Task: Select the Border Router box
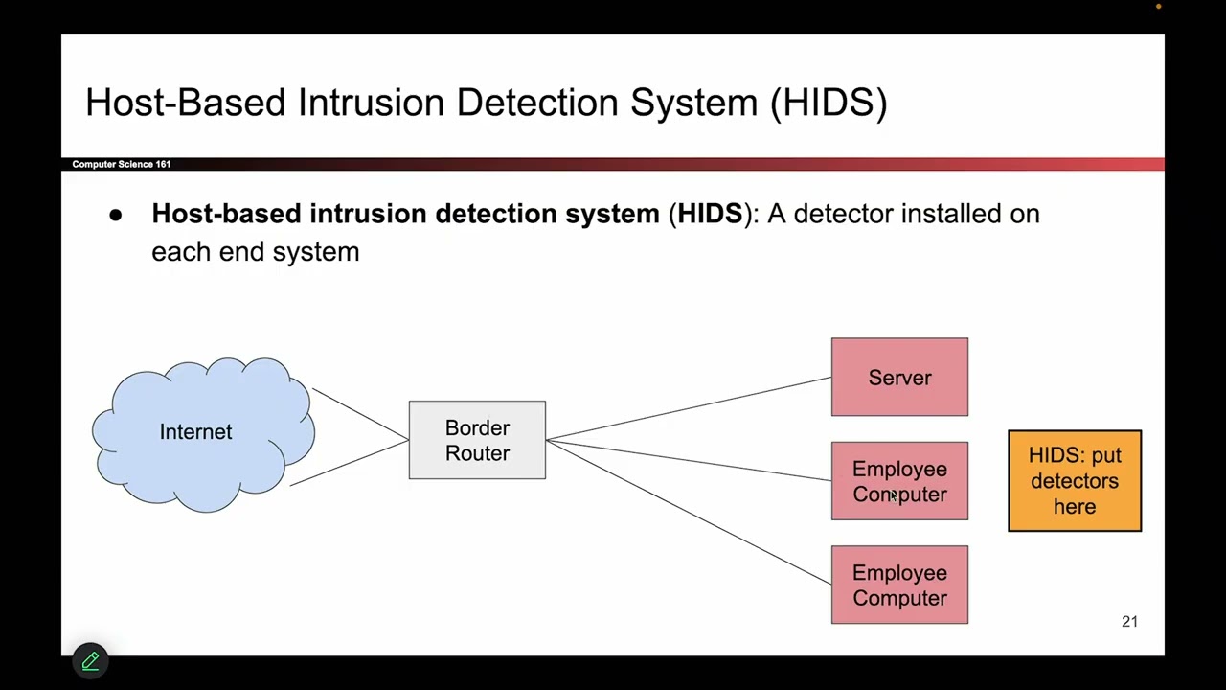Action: click(477, 440)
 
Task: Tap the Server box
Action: click(899, 377)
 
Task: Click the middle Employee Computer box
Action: click(899, 481)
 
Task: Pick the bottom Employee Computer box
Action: click(899, 585)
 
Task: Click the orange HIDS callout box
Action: click(1074, 481)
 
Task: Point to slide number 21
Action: click(1129, 622)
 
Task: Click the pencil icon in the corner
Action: click(91, 660)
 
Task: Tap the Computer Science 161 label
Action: click(122, 164)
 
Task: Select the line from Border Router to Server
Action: click(690, 408)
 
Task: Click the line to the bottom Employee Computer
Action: click(690, 513)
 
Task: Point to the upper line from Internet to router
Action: click(360, 414)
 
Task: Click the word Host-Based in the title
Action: click(186, 103)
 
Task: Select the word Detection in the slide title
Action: click(537, 103)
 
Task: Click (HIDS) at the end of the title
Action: click(829, 103)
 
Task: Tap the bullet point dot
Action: click(116, 216)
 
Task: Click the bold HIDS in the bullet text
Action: click(710, 214)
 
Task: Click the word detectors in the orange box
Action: click(1074, 481)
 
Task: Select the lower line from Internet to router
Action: click(350, 461)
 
